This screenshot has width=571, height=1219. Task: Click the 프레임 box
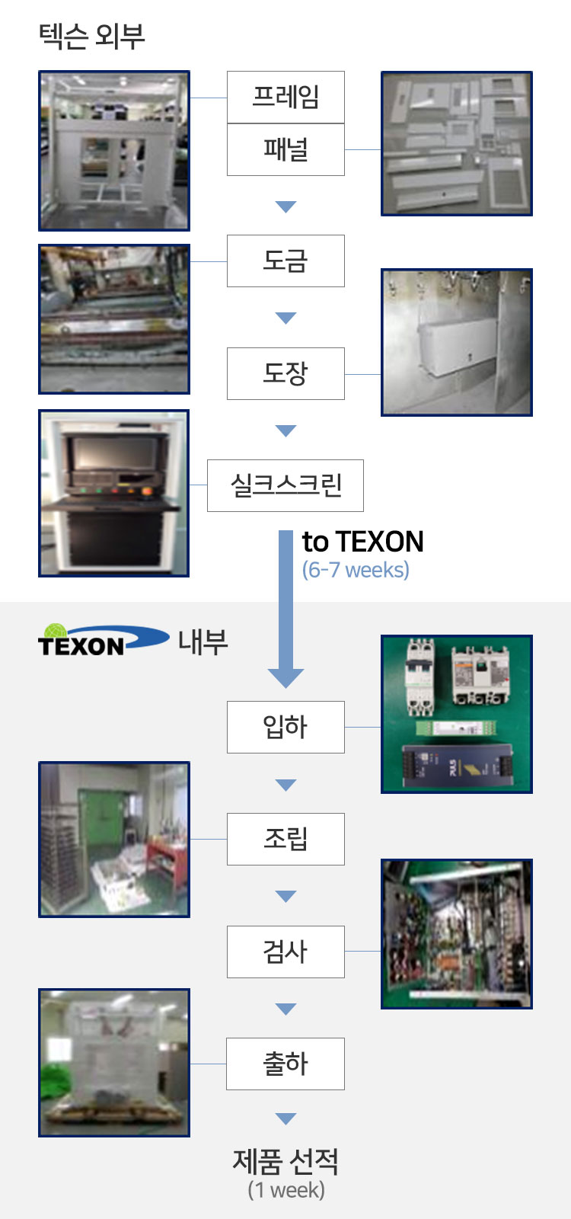coord(285,97)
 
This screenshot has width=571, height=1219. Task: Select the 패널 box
coord(285,149)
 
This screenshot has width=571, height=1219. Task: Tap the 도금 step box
coord(285,261)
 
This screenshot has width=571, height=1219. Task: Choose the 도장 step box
coord(285,373)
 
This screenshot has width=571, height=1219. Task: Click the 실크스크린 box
coord(285,485)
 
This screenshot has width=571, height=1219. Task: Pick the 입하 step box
coord(285,727)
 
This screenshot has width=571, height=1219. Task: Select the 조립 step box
coord(285,839)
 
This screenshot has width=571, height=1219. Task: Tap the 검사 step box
coord(285,952)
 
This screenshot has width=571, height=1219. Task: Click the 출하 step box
coord(285,1064)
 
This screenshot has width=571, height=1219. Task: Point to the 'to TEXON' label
coord(362,542)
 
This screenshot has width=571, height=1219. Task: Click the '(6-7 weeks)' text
coord(356,570)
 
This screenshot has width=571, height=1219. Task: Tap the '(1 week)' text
coord(286,1189)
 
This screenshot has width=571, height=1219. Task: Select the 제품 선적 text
coord(285,1161)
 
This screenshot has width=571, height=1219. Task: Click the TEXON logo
coord(104,640)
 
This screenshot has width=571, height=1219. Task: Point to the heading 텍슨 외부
coord(91,37)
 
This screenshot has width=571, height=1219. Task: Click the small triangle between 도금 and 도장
coord(285,318)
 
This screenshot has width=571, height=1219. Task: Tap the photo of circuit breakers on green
coord(457,714)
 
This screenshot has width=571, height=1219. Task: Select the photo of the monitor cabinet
coord(113,493)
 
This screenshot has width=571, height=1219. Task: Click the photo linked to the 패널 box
coord(457,144)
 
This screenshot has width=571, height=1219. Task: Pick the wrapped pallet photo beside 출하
coord(114,1063)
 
